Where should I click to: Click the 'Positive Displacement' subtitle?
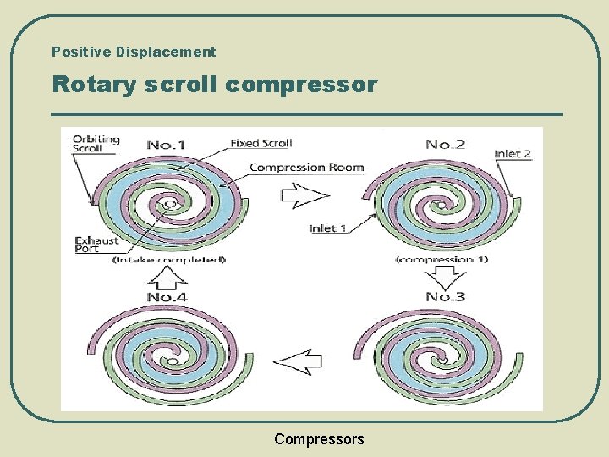pos(134,52)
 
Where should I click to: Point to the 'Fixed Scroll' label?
pos(261,143)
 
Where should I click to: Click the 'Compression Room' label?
pos(306,167)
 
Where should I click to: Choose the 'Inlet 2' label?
pos(513,154)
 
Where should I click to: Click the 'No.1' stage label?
pos(166,145)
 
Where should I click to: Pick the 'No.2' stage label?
pos(445,145)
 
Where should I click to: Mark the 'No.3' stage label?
pos(445,296)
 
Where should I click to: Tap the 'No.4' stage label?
pos(167,296)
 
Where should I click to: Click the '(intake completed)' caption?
pos(168,260)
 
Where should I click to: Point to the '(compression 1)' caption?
pos(442,259)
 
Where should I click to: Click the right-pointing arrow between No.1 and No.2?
pos(304,195)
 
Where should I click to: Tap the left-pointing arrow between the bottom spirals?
pos(298,362)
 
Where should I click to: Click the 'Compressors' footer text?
pos(319,438)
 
